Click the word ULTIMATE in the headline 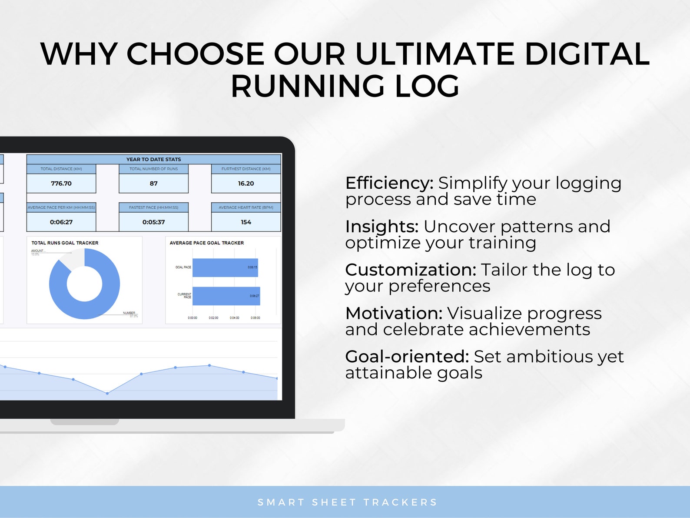(435, 54)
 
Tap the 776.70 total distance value (61, 184)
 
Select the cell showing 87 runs (153, 184)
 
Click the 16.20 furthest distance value (246, 184)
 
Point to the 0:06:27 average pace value (61, 222)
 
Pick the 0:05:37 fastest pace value (153, 222)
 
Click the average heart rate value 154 (246, 222)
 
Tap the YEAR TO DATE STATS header (153, 159)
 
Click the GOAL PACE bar (225, 267)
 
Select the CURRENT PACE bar (226, 296)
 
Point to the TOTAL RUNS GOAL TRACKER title (65, 243)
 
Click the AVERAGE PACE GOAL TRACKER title (206, 243)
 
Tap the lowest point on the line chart (107, 393)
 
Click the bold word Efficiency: (389, 183)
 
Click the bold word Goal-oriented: (407, 357)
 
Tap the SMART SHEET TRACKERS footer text (347, 502)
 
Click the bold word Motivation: (394, 313)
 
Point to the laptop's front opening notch (84, 422)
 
